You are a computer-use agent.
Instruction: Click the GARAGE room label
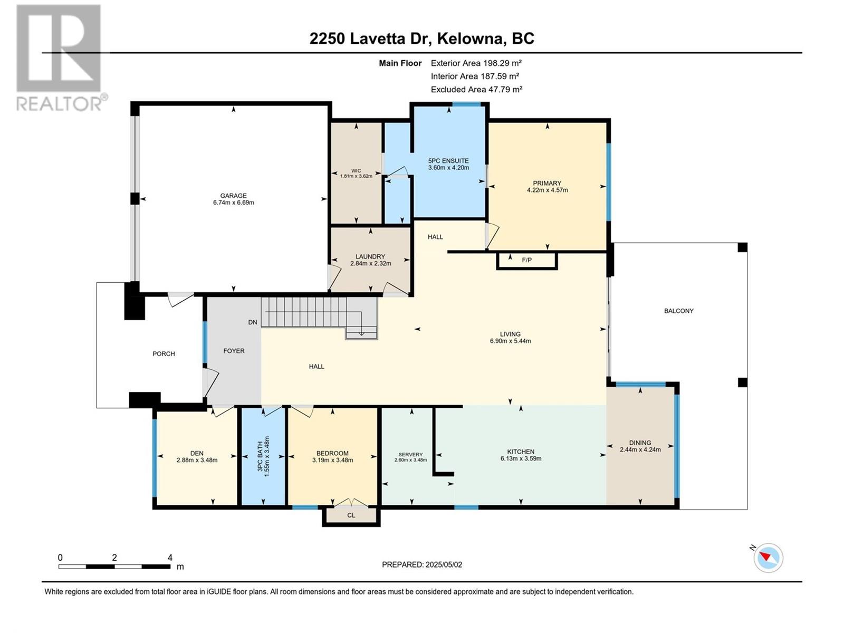click(x=233, y=196)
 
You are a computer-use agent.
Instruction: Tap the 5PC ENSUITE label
click(x=448, y=161)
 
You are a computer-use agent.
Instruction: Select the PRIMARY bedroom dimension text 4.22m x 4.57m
click(x=547, y=190)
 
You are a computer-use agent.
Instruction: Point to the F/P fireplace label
click(x=527, y=260)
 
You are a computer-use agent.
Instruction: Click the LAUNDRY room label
click(x=370, y=256)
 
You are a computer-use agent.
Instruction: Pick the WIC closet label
click(x=356, y=170)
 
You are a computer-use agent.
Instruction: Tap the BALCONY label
click(x=679, y=311)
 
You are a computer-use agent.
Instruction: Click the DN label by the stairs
click(x=252, y=322)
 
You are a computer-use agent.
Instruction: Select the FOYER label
click(x=234, y=350)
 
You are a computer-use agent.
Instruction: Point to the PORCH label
click(x=164, y=353)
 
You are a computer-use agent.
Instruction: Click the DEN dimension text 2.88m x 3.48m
click(x=197, y=460)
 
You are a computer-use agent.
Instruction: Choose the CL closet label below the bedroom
click(x=351, y=515)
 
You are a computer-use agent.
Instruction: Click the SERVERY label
click(x=410, y=454)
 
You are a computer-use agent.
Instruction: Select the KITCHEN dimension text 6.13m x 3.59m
click(x=521, y=458)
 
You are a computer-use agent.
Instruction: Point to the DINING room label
click(x=640, y=443)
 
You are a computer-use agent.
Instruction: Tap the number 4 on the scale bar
click(x=170, y=558)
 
